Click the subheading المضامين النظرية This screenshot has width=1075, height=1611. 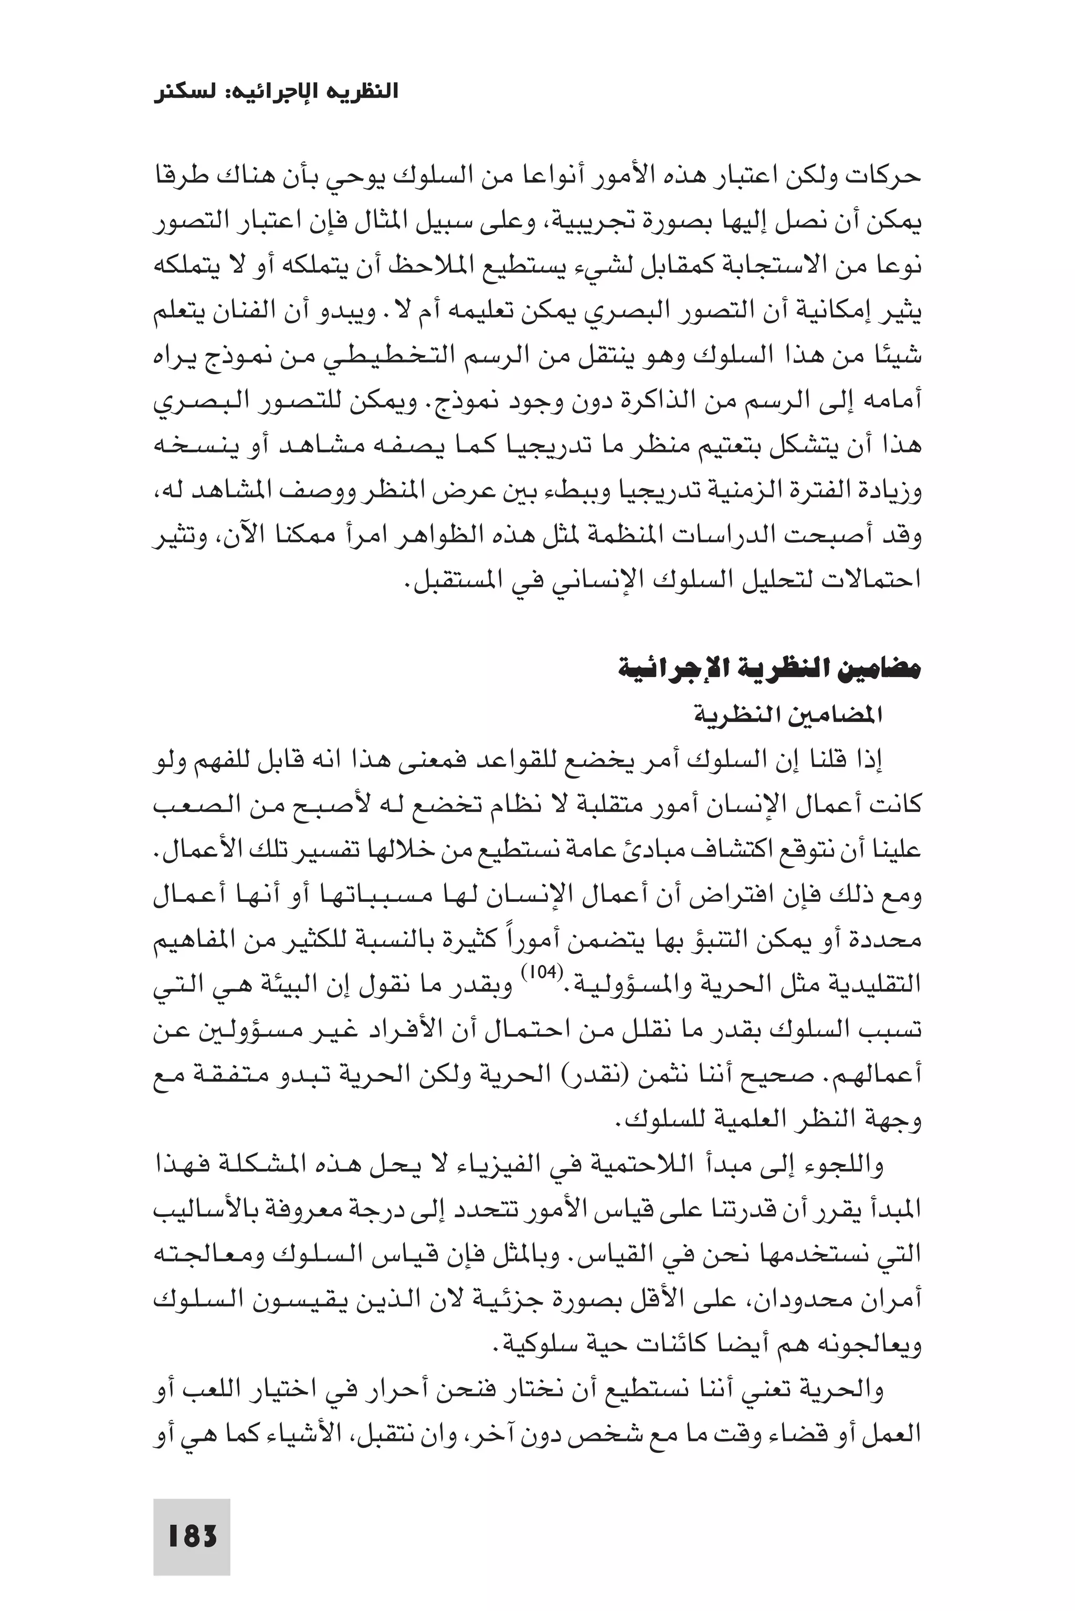(788, 715)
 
